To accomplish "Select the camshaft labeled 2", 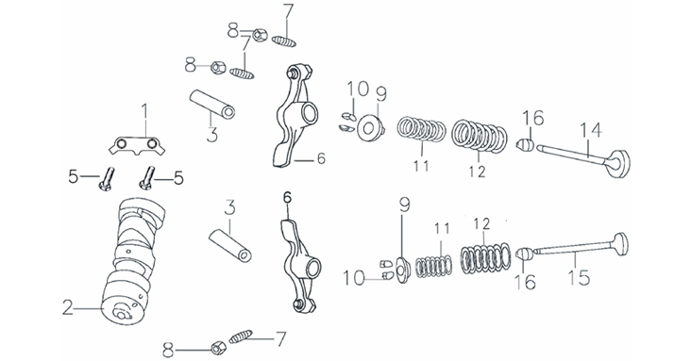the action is tap(133, 263).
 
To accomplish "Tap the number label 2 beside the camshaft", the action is tap(67, 307).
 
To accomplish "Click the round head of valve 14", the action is tap(619, 164).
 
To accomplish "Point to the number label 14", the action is tap(591, 130).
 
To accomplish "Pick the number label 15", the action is tap(578, 277).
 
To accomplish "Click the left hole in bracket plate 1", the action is tap(121, 143).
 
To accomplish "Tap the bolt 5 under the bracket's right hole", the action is tap(147, 178).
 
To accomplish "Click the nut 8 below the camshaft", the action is tap(218, 348).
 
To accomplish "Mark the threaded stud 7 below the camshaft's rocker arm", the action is tap(241, 336).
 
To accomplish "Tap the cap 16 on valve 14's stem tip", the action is tap(525, 145).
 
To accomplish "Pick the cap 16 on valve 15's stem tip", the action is tap(525, 254).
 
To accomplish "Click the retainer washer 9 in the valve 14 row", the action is tap(370, 128).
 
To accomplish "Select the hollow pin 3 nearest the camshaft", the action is tap(229, 244).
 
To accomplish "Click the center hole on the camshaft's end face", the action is tap(120, 313).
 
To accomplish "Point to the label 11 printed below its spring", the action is tap(421, 166).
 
